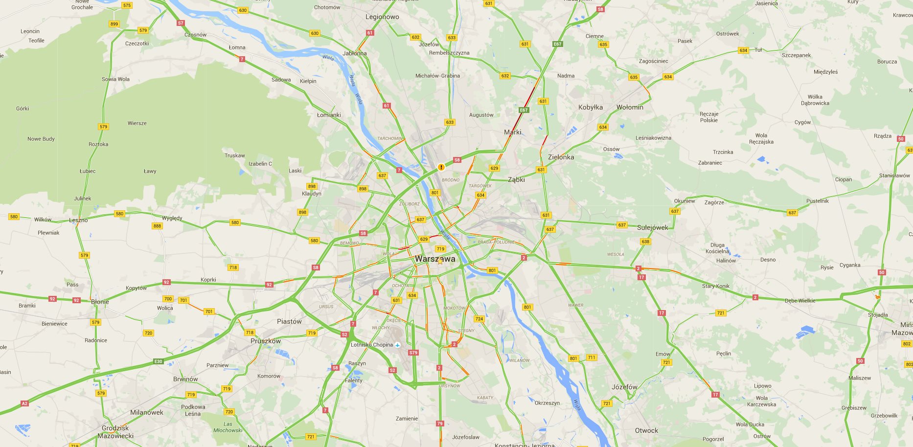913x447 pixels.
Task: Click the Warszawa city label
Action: point(434,259)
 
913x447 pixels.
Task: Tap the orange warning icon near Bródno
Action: point(441,167)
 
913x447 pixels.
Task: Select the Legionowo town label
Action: point(382,17)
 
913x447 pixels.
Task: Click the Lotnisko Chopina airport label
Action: point(372,345)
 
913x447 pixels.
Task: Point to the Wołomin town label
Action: point(630,107)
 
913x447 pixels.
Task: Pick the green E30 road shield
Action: point(158,361)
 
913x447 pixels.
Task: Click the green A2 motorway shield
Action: point(24,403)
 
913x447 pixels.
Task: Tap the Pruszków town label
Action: point(266,341)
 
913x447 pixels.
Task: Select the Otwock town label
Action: point(646,430)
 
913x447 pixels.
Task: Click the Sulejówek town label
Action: point(652,227)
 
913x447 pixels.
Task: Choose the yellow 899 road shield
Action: point(114,23)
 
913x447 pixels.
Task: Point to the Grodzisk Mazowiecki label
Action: point(115,432)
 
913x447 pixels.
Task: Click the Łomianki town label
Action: point(329,115)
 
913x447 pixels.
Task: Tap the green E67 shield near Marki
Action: point(524,110)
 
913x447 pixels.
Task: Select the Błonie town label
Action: point(100,302)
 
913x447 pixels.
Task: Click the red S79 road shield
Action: point(413,352)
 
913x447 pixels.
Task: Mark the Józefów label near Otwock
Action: point(624,387)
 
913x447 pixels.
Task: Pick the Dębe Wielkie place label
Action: point(800,301)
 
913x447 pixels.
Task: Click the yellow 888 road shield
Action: point(157,226)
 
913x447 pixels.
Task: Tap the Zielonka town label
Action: point(561,157)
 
